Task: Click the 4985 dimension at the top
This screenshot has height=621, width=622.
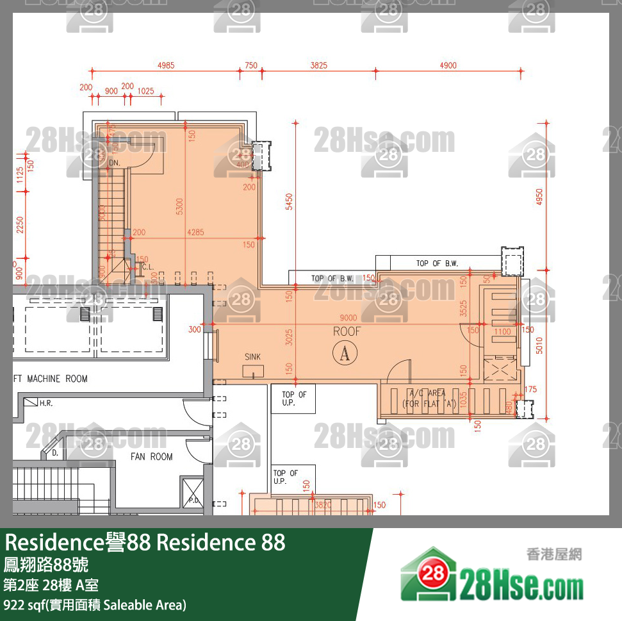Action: click(166, 65)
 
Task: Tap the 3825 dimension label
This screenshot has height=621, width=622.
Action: click(319, 65)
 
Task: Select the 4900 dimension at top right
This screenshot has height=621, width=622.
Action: click(448, 65)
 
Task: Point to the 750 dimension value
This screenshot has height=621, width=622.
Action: click(250, 65)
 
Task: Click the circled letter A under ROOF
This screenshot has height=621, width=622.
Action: click(345, 352)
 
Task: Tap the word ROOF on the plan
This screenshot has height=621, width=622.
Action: click(347, 331)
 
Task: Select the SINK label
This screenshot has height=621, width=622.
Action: click(253, 357)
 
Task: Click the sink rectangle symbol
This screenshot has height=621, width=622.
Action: click(253, 371)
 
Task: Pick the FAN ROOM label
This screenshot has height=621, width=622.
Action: click(152, 457)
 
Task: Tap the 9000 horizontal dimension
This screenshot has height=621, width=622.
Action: click(348, 318)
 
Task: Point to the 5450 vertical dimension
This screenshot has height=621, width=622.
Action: click(289, 202)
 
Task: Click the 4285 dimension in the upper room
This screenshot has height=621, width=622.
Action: click(195, 233)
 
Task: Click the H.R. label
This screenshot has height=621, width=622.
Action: click(46, 404)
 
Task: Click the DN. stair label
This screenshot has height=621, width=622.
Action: click(115, 163)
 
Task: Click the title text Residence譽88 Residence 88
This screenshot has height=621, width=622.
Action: click(145, 543)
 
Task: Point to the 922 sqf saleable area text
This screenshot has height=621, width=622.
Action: click(95, 604)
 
